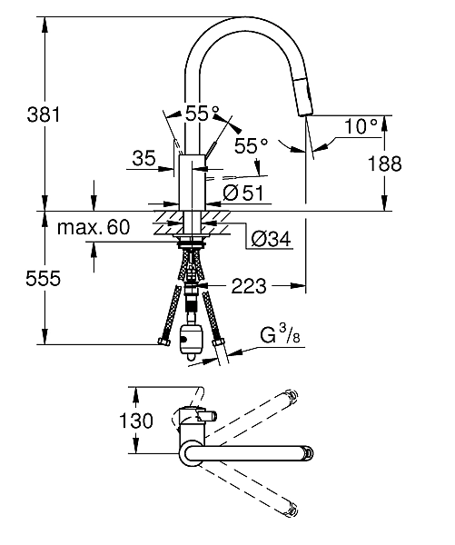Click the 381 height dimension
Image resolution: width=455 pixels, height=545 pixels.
pos(44,114)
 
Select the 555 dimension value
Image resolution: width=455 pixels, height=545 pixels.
pos(43,278)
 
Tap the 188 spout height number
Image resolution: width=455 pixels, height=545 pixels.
pos(384,163)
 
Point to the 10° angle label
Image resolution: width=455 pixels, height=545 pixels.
pos(361,125)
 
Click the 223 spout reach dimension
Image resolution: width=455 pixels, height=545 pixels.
pos(249,286)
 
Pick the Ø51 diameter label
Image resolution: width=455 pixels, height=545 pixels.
pos(243,193)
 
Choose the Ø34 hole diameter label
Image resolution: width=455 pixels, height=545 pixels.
pos(271,239)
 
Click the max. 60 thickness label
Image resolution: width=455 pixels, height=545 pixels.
pos(94,227)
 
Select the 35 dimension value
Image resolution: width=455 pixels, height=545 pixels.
pos(143,158)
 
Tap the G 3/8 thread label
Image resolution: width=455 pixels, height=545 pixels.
pos(280,334)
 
